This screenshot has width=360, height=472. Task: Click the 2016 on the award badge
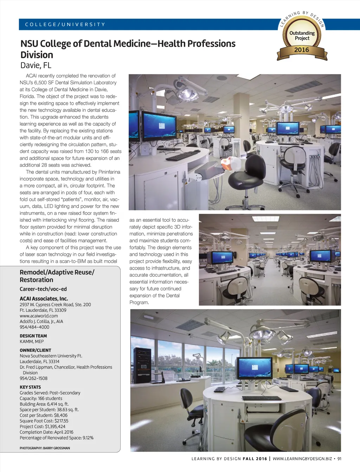pos(302,50)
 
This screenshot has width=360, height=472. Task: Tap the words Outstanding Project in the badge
pos(302,35)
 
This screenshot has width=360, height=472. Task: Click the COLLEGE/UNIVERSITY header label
pos(65,25)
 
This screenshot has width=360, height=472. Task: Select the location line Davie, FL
pos(36,65)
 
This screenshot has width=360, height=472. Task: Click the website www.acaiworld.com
pos(39,316)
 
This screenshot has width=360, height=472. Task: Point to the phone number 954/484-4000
pos(34,327)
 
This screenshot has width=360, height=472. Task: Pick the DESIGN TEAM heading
pos(33,336)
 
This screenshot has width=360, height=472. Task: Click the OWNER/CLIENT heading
pos(35,350)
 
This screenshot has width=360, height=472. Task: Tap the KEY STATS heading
pos(30,387)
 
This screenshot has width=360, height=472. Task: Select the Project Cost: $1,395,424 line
pos(43,426)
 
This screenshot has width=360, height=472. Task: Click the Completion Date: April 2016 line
pos(46,432)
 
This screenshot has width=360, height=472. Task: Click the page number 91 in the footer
pos(339,459)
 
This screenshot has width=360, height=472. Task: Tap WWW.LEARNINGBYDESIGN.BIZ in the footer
pos(302,459)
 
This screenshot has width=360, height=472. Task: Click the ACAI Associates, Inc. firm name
pos(44,299)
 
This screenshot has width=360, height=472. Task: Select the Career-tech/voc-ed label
pos(43,289)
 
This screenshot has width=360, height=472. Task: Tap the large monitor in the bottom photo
pos(255,368)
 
